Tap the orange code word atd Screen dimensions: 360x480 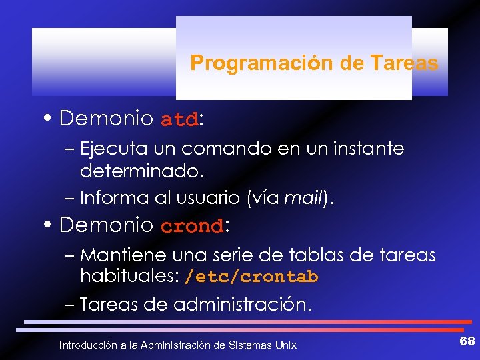tap(179, 121)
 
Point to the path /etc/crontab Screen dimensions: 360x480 tap(251, 276)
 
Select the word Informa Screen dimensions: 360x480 tap(111, 198)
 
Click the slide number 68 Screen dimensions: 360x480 tap(467, 342)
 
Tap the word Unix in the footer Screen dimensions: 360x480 tap(285, 345)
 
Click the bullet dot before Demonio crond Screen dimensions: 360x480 tap(51, 225)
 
